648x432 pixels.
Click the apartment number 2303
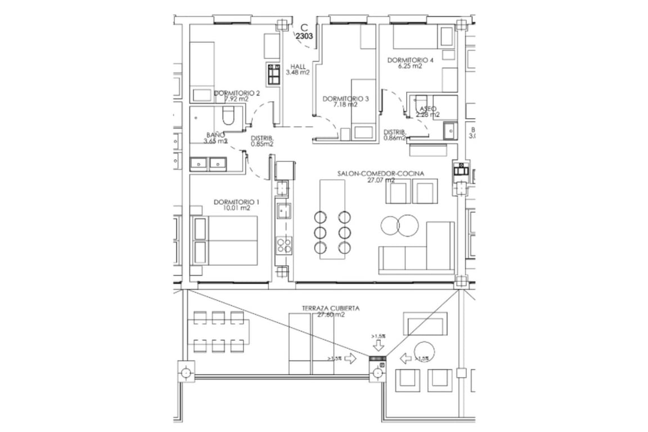(304, 35)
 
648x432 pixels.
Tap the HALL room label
(298, 66)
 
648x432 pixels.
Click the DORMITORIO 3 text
(345, 98)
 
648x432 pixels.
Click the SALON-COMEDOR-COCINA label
(380, 174)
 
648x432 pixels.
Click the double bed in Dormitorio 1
(225, 240)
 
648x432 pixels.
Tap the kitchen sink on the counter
(283, 211)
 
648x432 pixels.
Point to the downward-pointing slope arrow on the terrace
(378, 346)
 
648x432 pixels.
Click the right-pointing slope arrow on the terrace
(350, 358)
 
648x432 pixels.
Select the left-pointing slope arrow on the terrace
(405, 358)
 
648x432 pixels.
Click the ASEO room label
(427, 109)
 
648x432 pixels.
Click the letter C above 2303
(304, 26)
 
